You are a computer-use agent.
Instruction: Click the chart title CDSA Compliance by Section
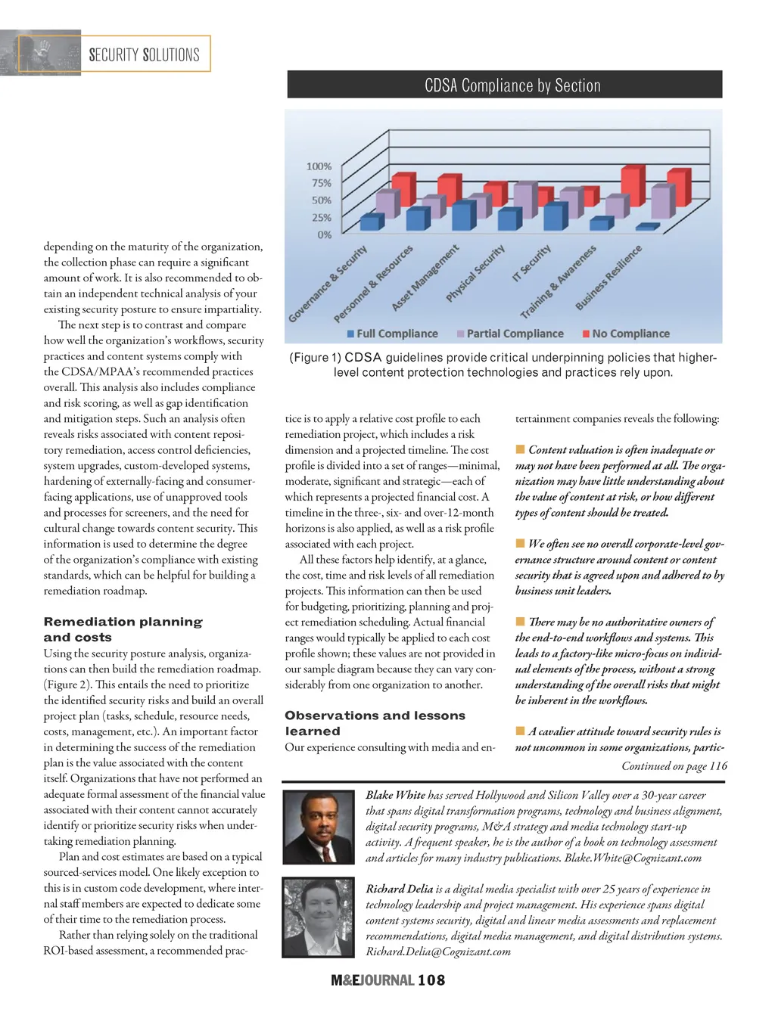512,85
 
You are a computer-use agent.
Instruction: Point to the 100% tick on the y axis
319,166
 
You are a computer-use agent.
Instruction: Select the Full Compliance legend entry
392,334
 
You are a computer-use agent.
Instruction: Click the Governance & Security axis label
328,284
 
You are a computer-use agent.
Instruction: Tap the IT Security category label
531,263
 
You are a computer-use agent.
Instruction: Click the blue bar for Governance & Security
371,222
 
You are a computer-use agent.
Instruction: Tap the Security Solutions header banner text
144,54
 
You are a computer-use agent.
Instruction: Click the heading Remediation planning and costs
123,629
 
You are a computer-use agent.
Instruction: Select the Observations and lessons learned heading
375,723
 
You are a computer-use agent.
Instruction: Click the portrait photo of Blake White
318,827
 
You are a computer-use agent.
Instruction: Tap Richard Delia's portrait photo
318,917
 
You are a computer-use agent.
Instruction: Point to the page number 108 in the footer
431,980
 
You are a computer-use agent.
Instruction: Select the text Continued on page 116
674,766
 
